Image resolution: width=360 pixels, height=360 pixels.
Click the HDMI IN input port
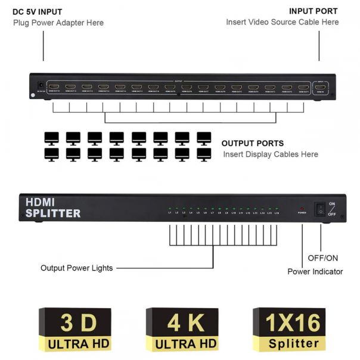321,87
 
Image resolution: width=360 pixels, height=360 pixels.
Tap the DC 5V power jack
41,85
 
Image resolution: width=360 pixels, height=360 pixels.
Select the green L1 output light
169,209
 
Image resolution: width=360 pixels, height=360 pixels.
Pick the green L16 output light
277,209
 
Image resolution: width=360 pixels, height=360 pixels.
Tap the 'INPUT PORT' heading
313,11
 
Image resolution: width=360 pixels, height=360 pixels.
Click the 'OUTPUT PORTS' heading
252,144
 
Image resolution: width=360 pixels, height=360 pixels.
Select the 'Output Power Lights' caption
77,268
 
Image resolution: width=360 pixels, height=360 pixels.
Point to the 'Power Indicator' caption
315,272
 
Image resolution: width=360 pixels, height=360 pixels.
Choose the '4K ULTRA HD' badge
182,330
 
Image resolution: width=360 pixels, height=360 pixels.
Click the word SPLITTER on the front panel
52,213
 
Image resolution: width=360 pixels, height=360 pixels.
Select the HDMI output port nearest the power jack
54,87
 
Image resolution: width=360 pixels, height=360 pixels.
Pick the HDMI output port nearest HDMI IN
304,87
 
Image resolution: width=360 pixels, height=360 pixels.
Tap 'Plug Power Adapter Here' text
58,23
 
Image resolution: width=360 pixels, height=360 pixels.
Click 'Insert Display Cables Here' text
271,154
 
